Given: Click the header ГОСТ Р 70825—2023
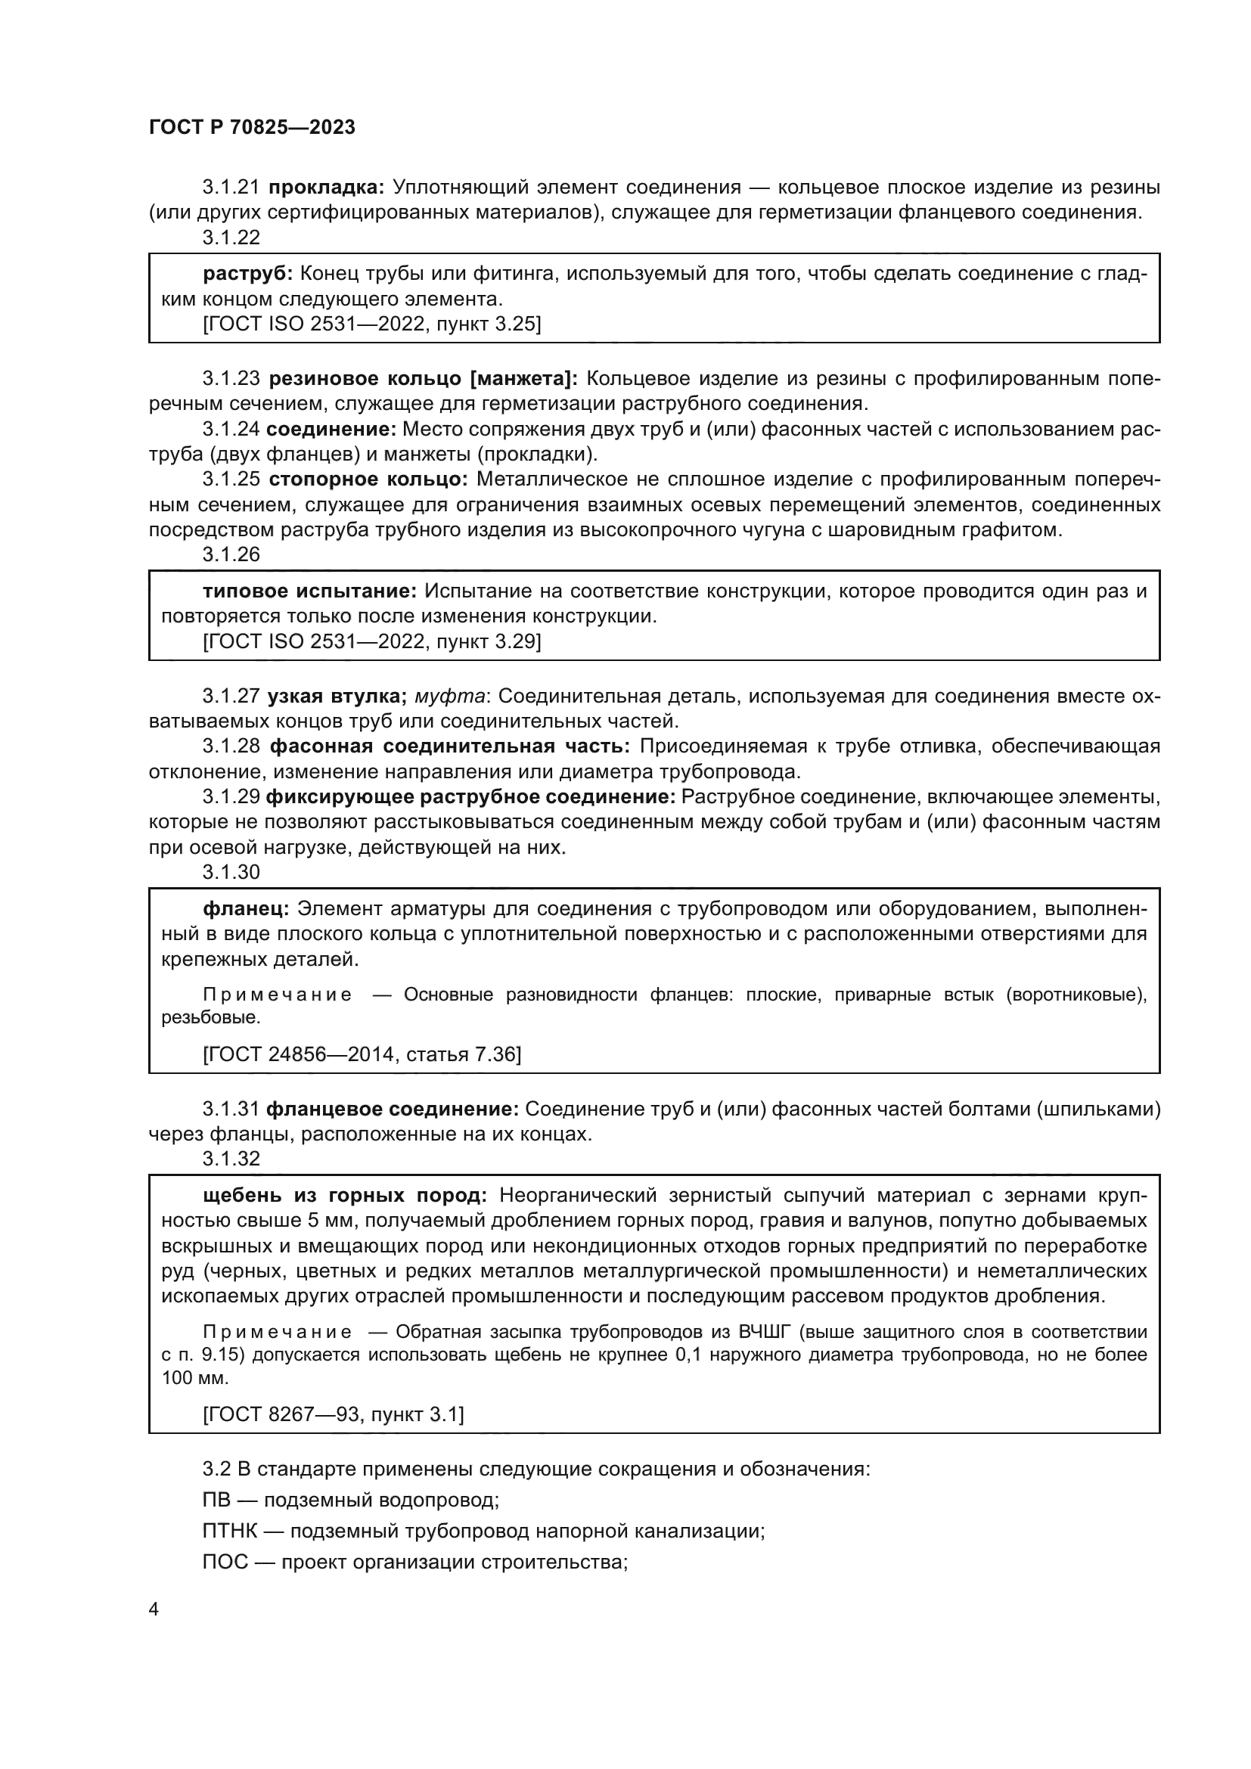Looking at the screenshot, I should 252,128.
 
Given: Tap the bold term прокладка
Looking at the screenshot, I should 326,188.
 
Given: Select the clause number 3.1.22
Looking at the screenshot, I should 231,237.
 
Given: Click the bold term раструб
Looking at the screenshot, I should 247,274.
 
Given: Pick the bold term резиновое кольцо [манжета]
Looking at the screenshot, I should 423,378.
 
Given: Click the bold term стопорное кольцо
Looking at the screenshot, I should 368,479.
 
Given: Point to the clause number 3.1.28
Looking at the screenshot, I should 231,746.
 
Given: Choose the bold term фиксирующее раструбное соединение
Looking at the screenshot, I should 470,796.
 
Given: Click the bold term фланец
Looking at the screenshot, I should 246,908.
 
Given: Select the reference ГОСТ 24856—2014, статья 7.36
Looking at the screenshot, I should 362,1054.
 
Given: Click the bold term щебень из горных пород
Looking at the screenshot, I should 345,1195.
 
